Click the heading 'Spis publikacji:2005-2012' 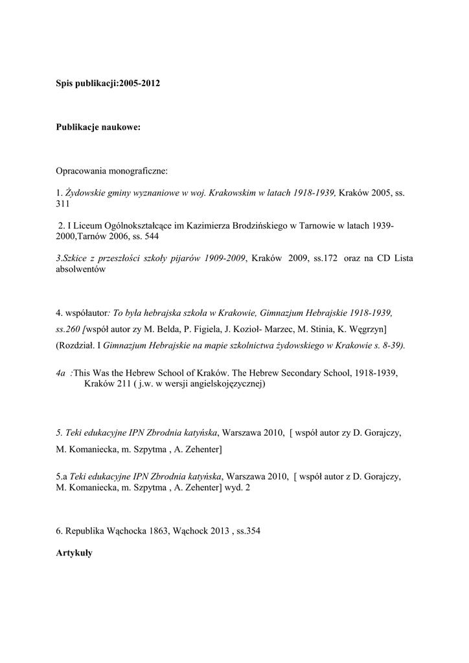[108, 85]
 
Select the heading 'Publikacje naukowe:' [98, 128]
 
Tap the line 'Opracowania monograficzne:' [111, 172]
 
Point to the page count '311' [63, 203]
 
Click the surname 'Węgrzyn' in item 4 [367, 329]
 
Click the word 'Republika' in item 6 [84, 531]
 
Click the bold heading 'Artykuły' [74, 553]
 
